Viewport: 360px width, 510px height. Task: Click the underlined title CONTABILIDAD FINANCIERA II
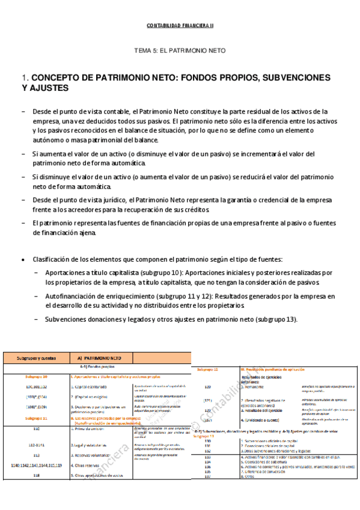click(x=180, y=25)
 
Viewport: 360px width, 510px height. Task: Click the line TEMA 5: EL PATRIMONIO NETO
click(x=180, y=52)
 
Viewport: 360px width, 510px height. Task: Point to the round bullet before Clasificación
click(x=23, y=259)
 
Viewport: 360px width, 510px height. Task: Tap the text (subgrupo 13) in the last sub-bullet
click(x=275, y=319)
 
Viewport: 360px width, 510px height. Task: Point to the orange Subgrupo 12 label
click(x=207, y=368)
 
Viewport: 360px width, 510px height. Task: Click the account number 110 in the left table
click(x=36, y=429)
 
